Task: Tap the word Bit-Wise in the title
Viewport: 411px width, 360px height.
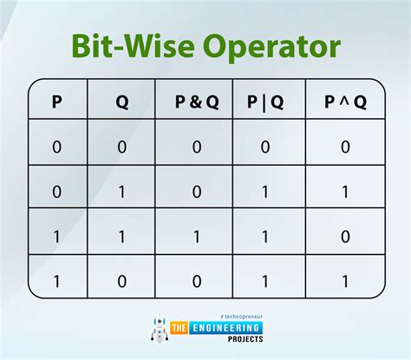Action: click(x=134, y=46)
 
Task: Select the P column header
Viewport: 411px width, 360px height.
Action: click(x=57, y=101)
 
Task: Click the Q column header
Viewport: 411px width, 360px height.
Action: click(x=122, y=102)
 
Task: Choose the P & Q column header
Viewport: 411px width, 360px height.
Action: click(x=197, y=101)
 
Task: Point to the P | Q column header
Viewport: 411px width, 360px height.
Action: click(x=265, y=102)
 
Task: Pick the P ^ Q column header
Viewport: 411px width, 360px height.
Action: click(x=345, y=102)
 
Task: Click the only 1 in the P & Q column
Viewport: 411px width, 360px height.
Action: click(x=197, y=237)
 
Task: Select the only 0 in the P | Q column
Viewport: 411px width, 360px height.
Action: click(x=265, y=147)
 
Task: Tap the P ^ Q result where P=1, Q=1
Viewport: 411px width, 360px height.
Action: click(x=345, y=237)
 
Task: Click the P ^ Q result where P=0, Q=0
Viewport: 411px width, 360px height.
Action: click(x=345, y=147)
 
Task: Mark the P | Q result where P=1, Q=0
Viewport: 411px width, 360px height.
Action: click(x=265, y=281)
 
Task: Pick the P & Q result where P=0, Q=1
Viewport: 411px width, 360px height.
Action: click(x=197, y=192)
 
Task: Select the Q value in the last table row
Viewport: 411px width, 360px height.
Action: click(x=122, y=281)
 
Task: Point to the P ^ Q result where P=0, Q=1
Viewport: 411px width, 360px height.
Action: click(x=345, y=192)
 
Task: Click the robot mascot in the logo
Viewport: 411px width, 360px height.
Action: click(x=160, y=328)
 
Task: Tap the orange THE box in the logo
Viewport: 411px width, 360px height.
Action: click(x=179, y=328)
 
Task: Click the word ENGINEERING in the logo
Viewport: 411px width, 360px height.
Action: click(x=225, y=328)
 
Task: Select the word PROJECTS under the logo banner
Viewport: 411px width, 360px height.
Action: click(x=245, y=339)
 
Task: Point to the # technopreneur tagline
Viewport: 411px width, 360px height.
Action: click(x=241, y=317)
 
